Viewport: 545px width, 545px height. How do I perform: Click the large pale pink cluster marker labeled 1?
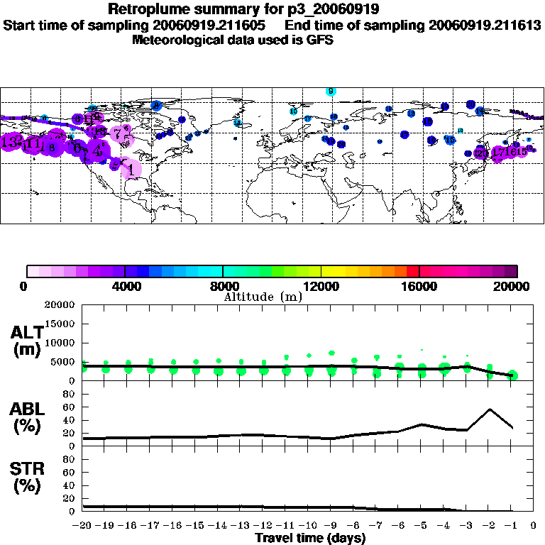click(x=131, y=169)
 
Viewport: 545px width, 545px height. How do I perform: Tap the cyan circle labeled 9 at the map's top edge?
click(x=330, y=92)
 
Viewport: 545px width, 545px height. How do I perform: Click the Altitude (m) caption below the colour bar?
click(x=262, y=297)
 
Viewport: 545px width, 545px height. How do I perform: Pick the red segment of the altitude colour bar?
click(x=412, y=271)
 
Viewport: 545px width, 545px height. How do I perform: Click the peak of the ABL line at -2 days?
click(x=489, y=409)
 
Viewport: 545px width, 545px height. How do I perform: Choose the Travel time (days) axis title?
click(x=310, y=538)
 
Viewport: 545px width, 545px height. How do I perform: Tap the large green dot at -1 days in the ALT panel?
click(x=512, y=375)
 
